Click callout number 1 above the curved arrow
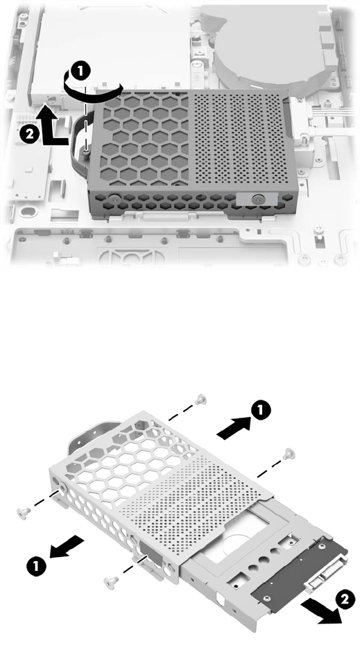80,71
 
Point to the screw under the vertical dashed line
86,154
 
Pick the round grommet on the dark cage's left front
114,198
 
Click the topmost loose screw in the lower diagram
201,399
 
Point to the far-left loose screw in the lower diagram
23,513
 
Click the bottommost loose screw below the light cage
110,582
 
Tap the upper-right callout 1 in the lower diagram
261,411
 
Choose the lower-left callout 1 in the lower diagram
36,566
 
